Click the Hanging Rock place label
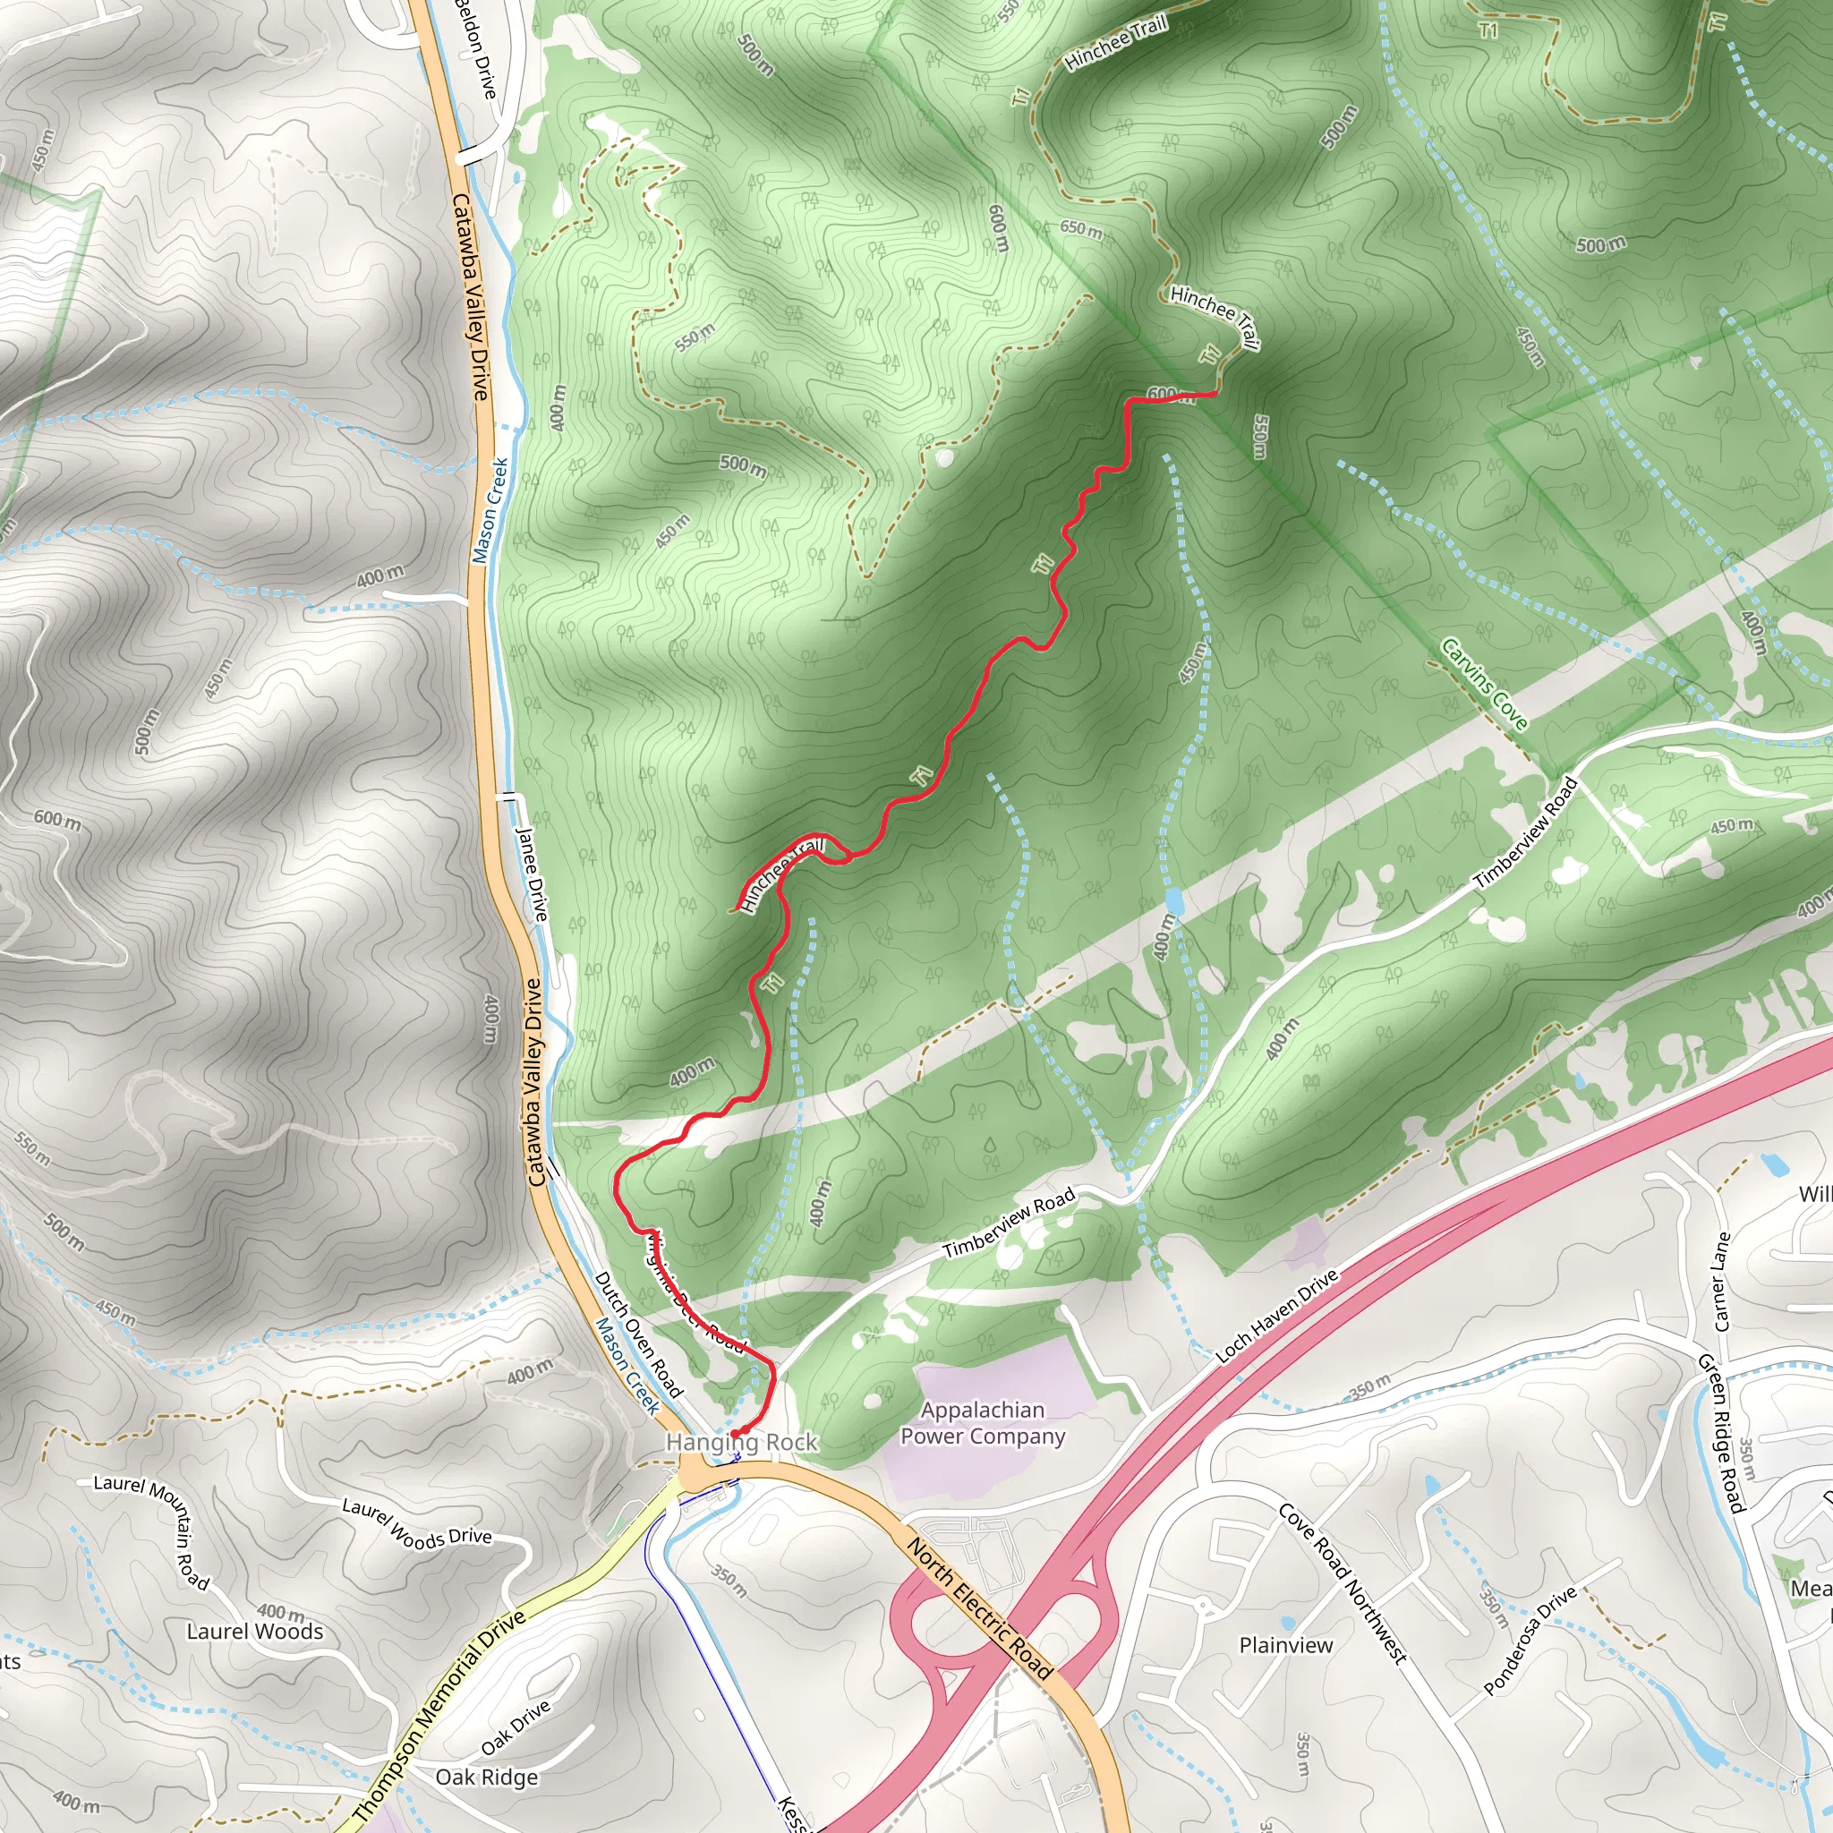(741, 1443)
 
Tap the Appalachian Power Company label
(982, 1423)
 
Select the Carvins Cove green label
(1484, 684)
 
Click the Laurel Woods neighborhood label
(254, 1631)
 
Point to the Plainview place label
(1285, 1644)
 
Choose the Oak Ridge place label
(486, 1777)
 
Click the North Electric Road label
(979, 1609)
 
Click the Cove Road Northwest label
(1342, 1583)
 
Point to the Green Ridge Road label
(1720, 1433)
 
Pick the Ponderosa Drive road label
(1530, 1641)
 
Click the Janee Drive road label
(532, 873)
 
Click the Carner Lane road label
(1721, 1281)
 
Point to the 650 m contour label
(1081, 228)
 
